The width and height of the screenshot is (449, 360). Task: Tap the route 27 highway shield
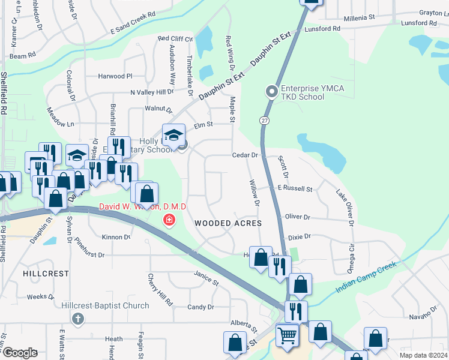click(x=264, y=121)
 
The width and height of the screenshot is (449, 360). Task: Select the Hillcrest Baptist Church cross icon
click(x=77, y=318)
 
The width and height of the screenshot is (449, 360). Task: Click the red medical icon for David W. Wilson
click(x=169, y=221)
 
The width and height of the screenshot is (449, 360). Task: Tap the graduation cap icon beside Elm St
click(x=173, y=134)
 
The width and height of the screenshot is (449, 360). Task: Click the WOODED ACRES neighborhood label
click(x=228, y=223)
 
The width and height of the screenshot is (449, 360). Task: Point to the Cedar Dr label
click(x=245, y=155)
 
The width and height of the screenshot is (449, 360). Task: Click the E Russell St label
click(x=294, y=189)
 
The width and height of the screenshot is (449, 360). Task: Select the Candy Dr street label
click(x=200, y=307)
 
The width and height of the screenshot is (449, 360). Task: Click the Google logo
click(x=20, y=353)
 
